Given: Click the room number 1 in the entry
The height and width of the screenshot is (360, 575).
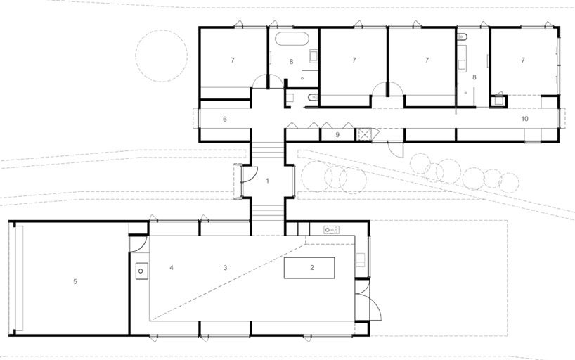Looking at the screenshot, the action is (x=267, y=181).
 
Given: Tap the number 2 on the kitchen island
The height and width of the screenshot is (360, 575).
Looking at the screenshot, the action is (x=311, y=267).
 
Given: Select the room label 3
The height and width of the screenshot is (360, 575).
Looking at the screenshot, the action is (x=225, y=267).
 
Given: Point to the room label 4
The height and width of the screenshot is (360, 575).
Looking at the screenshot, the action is (x=172, y=267).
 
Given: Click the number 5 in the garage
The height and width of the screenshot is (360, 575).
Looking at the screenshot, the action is (x=75, y=281).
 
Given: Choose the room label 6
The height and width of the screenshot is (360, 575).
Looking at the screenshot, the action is (x=225, y=119).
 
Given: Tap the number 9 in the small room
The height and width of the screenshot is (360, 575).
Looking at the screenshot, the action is (x=337, y=135).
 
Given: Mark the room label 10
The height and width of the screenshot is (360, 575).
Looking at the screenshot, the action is (x=525, y=119).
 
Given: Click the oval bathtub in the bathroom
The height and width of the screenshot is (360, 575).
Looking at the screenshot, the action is (x=292, y=39).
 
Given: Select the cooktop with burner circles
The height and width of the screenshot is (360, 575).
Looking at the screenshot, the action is (x=331, y=230).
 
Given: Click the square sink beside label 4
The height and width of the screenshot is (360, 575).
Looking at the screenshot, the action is (x=141, y=271).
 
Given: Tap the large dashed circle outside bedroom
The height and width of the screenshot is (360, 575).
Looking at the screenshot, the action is (x=162, y=56).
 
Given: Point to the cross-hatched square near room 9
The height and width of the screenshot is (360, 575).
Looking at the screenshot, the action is (x=363, y=134).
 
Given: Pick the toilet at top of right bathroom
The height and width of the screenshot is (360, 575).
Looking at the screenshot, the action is (x=462, y=37).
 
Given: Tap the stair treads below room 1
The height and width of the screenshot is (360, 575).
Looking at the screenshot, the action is (x=267, y=212).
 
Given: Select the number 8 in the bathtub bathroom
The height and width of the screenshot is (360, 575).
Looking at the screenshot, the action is (x=291, y=62).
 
